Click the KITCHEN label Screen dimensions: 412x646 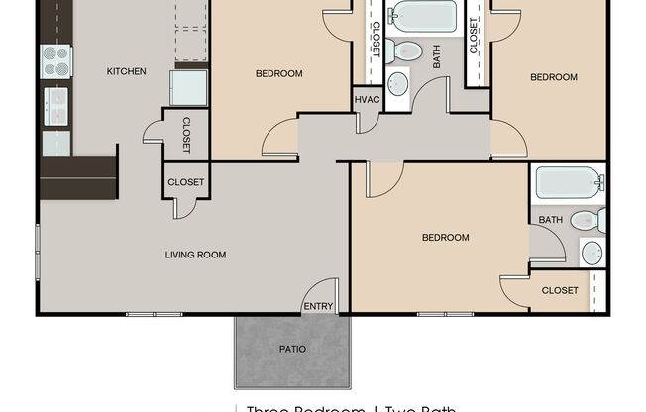click(126, 71)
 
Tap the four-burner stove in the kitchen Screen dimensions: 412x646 click(55, 62)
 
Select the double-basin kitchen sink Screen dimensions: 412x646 click(55, 103)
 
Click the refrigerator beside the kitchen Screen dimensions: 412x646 click(188, 87)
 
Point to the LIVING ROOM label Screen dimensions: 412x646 click(195, 256)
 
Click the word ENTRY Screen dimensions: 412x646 click(318, 306)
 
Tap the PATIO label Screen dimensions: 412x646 click(292, 349)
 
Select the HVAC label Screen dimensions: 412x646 click(367, 99)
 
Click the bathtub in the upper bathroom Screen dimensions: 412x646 click(423, 17)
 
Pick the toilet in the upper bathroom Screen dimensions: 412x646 click(404, 51)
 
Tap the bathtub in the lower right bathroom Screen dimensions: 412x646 click(568, 183)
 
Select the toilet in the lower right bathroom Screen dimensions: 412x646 click(586, 220)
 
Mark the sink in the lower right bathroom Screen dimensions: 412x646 click(591, 253)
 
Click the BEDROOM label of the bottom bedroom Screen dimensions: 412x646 click(445, 238)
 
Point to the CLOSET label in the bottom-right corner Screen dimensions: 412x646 click(560, 290)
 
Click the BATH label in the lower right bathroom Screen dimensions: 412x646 click(550, 220)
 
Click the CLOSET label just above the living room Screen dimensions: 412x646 click(185, 182)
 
